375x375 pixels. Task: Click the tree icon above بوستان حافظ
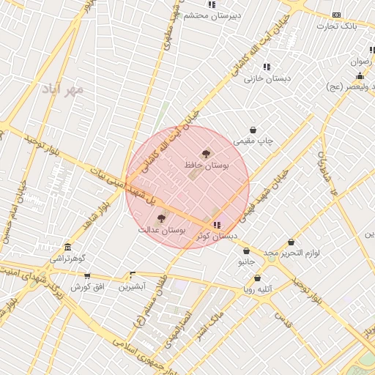[205, 154]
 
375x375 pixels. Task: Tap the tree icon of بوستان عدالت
[162, 218]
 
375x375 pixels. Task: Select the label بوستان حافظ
[207, 167]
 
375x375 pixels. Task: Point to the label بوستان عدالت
[162, 230]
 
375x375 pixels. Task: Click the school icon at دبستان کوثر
[216, 225]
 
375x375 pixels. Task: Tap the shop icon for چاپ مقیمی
[253, 130]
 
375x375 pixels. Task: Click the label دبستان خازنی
[267, 78]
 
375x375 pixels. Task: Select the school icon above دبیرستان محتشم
[212, 4]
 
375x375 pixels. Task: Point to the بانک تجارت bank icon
[336, 15]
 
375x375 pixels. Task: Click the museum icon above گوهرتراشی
[68, 247]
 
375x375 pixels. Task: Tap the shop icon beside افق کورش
[87, 276]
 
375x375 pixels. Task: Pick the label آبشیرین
[133, 286]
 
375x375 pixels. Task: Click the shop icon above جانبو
[245, 250]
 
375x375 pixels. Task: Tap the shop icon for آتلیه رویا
[258, 278]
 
